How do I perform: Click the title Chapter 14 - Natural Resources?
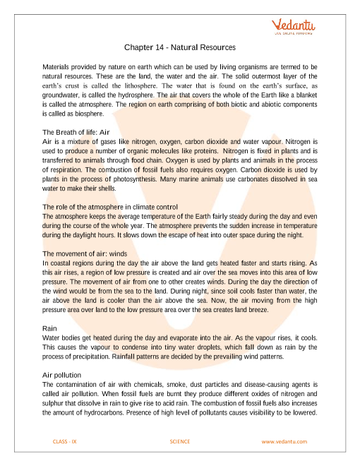coord(180,48)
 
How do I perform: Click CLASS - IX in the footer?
coord(65,441)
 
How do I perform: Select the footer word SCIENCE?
coord(181,441)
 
